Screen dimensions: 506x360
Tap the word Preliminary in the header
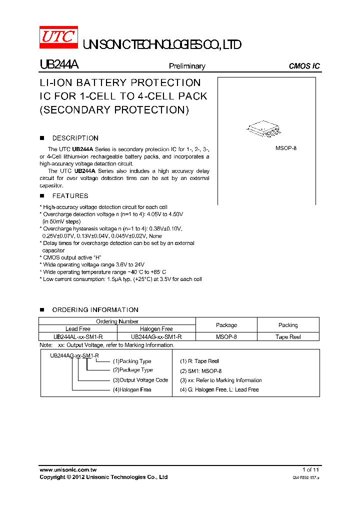tap(187, 66)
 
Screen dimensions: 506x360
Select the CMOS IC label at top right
tap(304, 66)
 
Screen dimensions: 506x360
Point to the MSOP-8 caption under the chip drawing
tap(286, 148)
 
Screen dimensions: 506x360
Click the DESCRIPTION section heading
tap(75, 138)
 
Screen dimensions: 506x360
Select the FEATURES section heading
tap(70, 196)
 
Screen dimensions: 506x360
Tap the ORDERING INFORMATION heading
tap(95, 310)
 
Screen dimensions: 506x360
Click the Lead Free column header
tap(78, 329)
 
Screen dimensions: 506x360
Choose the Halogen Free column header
tap(156, 329)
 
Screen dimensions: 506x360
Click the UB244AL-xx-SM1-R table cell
tap(78, 337)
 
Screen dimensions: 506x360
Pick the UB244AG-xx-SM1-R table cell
tap(156, 337)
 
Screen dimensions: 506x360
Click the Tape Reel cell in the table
tap(288, 337)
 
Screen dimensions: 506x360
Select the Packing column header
tap(288, 325)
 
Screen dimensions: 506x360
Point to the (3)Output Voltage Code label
tap(140, 380)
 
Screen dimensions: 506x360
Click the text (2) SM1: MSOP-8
tap(200, 371)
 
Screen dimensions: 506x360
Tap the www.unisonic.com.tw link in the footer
tap(67, 469)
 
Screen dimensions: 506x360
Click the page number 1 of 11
tap(310, 469)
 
